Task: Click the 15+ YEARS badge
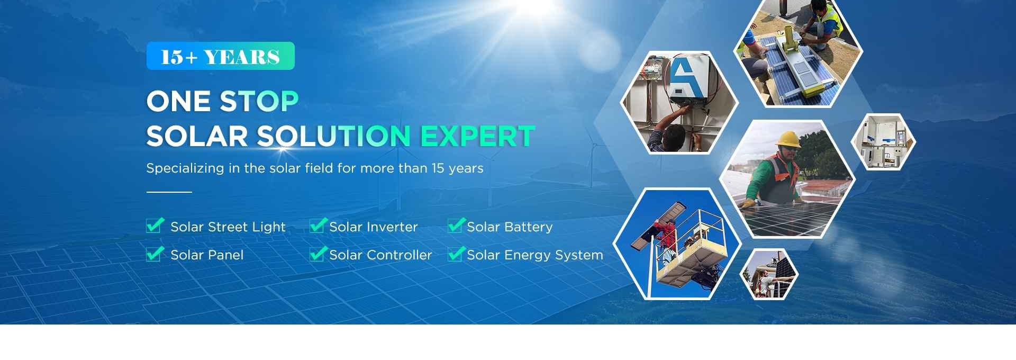pyautogui.click(x=220, y=56)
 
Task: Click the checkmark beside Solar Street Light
pyautogui.click(x=155, y=226)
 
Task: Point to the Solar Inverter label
pyautogui.click(x=374, y=227)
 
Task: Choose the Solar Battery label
pyautogui.click(x=510, y=227)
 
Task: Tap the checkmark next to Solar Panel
pyautogui.click(x=155, y=254)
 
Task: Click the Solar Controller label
pyautogui.click(x=380, y=255)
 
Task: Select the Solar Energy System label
pyautogui.click(x=535, y=255)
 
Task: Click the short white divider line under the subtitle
pyautogui.click(x=169, y=192)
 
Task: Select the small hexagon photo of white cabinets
pyautogui.click(x=883, y=142)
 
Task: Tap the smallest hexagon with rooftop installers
pyautogui.click(x=769, y=274)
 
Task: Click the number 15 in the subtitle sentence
pyautogui.click(x=438, y=168)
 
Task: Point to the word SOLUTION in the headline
pyautogui.click(x=333, y=136)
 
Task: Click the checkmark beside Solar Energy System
pyautogui.click(x=456, y=254)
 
